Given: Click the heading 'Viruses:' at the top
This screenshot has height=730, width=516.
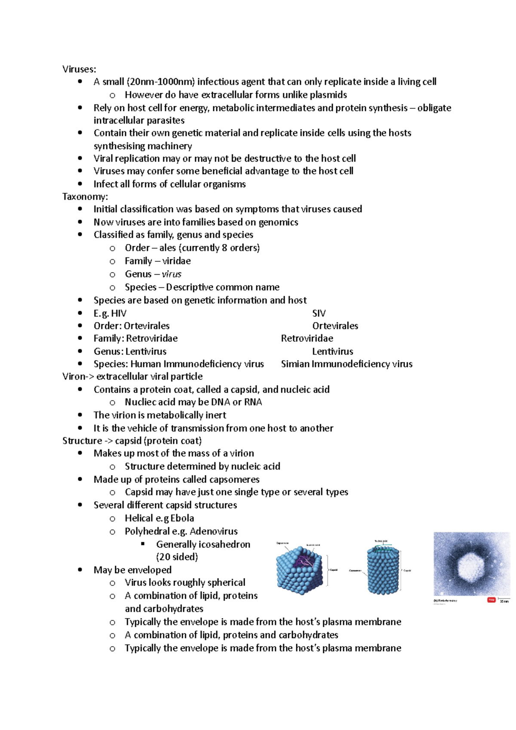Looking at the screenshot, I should tap(79, 69).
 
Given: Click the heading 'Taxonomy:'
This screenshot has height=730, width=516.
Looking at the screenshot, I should tap(85, 197).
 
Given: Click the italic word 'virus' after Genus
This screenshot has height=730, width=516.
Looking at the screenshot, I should tap(172, 274).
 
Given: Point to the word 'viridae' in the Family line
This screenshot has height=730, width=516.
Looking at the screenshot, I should tap(176, 261).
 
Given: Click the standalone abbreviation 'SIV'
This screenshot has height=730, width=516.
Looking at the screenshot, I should tap(319, 313).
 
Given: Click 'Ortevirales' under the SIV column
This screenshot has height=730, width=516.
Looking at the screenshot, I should tap(335, 326).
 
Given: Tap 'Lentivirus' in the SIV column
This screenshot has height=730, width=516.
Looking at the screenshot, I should tap(332, 352).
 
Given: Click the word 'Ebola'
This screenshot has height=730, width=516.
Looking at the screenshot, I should tap(182, 518).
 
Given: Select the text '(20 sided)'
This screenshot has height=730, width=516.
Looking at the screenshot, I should tap(177, 557).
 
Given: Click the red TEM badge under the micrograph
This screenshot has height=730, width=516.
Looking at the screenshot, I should tap(491, 600).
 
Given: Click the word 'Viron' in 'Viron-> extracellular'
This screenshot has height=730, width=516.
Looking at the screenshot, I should tap(74, 377).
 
